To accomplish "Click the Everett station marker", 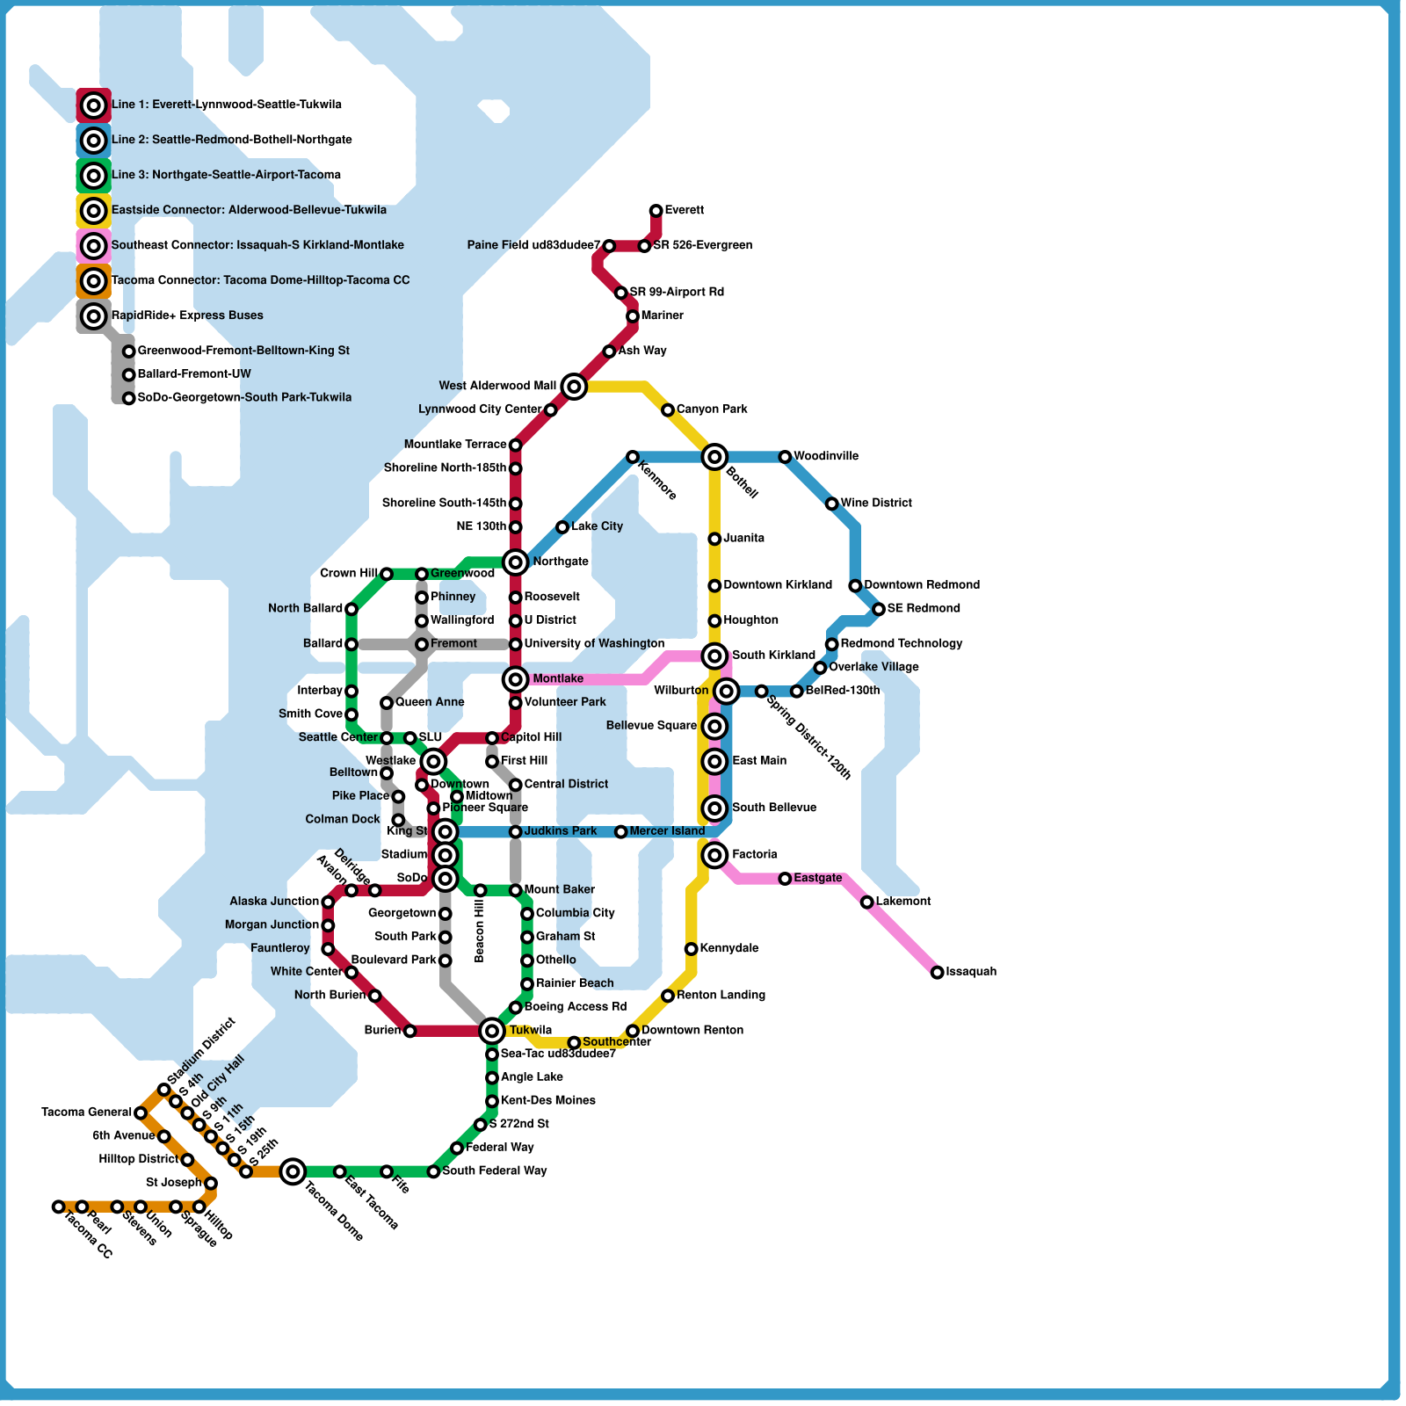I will (x=656, y=211).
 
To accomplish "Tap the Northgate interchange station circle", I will (x=516, y=562).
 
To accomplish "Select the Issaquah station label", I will (x=971, y=972).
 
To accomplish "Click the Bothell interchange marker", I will (x=715, y=456).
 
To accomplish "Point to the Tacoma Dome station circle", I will (x=294, y=1170).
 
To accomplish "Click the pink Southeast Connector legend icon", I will (x=94, y=246).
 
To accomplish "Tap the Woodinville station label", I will (x=826, y=456).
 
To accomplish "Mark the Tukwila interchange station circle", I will (x=492, y=1031).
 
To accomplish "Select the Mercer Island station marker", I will (x=621, y=831).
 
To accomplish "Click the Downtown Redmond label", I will (x=922, y=585).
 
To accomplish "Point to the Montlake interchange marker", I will (x=516, y=679).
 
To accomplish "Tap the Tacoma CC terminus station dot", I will (x=58, y=1207).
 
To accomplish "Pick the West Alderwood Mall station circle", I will (x=574, y=386).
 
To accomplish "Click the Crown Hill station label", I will (x=349, y=574).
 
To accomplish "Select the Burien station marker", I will (x=409, y=1031).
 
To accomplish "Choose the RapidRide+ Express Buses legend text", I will (x=187, y=315).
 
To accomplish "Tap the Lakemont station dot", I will (x=867, y=902).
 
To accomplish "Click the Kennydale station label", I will (x=729, y=949).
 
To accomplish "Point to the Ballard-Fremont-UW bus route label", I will (x=194, y=374).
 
